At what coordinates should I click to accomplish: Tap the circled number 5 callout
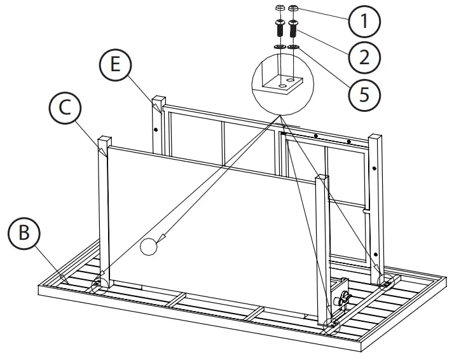364,93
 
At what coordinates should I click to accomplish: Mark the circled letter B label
24,233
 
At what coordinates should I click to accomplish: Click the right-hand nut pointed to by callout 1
294,9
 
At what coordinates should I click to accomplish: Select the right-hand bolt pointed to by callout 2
294,29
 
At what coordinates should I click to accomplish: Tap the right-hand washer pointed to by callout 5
294,46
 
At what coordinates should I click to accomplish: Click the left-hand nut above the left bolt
280,9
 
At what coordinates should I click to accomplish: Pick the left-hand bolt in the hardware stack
280,29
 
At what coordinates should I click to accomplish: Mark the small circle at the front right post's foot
331,325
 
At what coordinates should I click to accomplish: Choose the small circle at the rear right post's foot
387,280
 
